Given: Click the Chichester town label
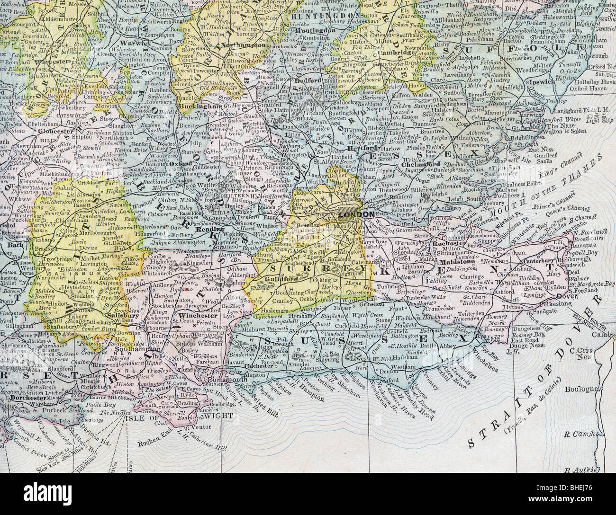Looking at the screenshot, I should (257, 366).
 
